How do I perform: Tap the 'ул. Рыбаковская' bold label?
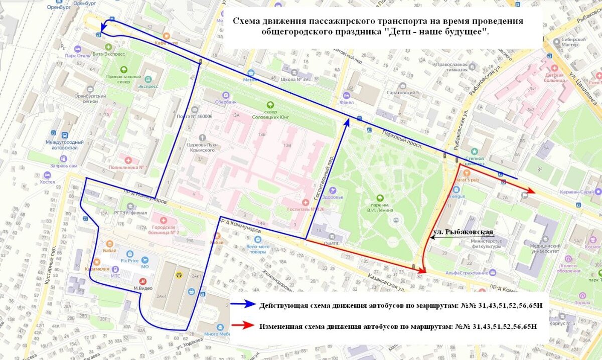[x=463, y=232]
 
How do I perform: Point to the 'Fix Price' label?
[x=129, y=261]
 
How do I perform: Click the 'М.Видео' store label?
[x=142, y=288]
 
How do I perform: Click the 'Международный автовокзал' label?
[x=64, y=145]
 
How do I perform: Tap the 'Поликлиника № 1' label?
[x=128, y=167]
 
